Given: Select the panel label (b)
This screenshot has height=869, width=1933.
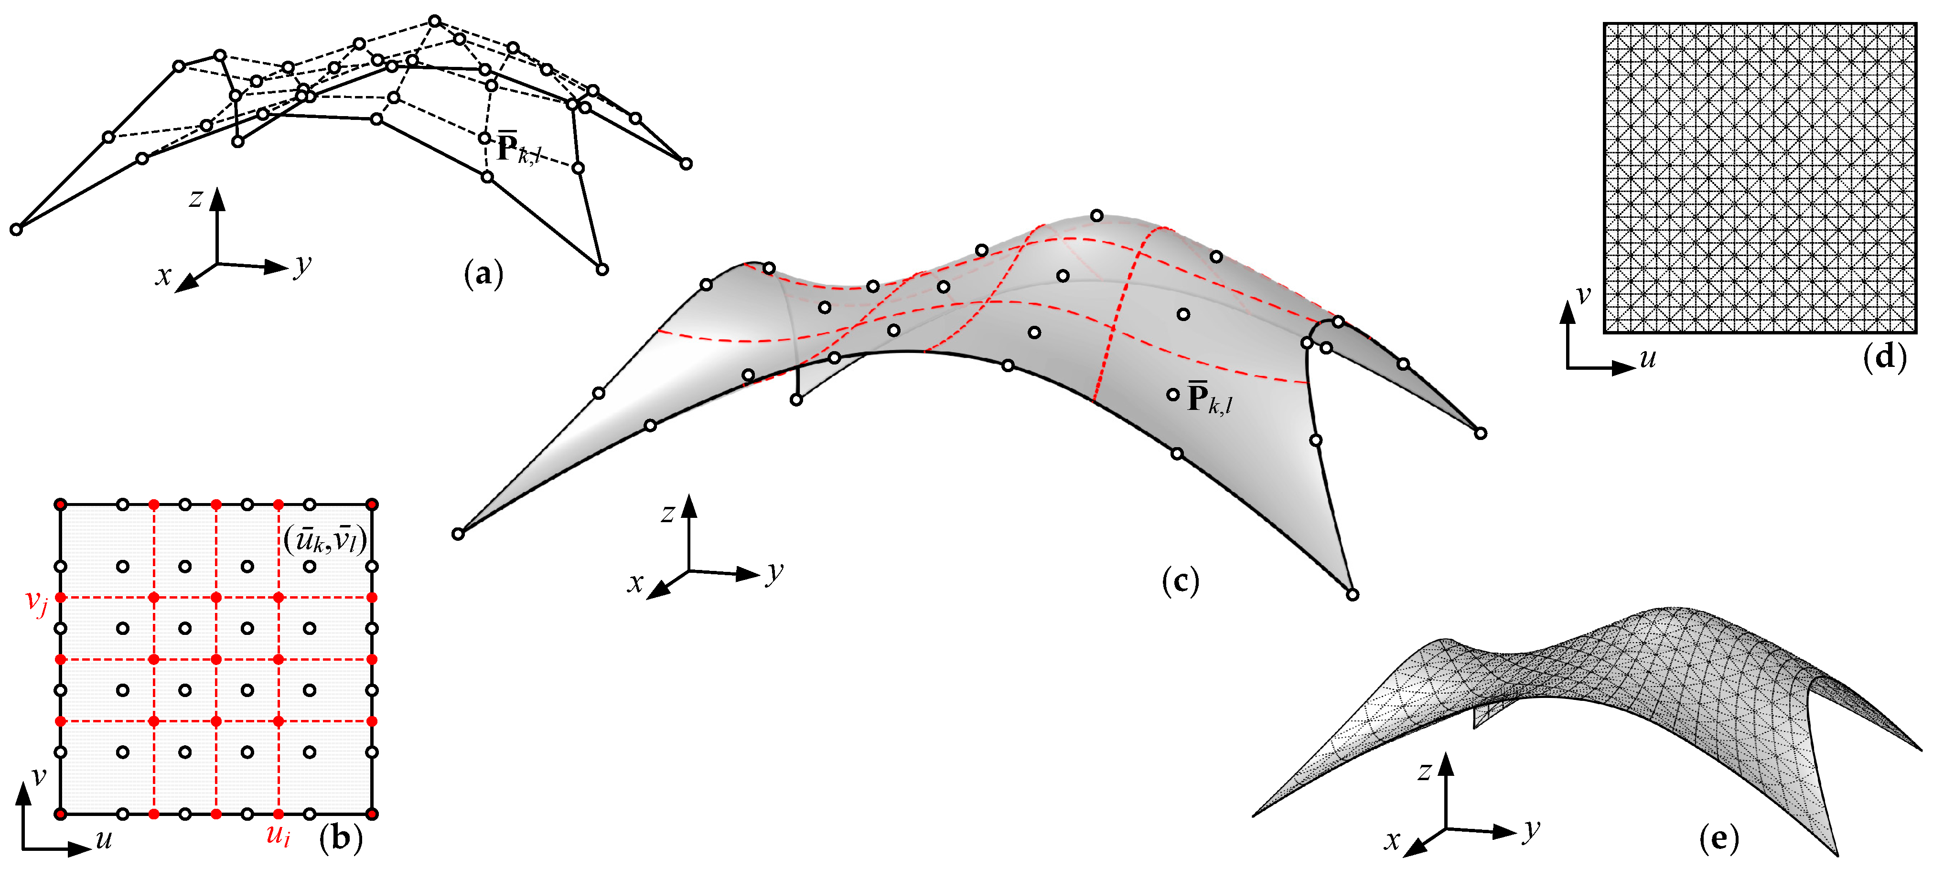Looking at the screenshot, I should (x=341, y=837).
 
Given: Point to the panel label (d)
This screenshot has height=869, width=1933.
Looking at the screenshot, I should (x=1884, y=356).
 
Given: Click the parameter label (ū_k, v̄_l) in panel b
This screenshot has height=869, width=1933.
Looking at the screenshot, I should (x=325, y=539).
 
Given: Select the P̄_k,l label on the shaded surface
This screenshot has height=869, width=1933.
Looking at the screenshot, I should (x=1209, y=398).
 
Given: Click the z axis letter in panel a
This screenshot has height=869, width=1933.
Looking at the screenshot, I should (x=196, y=198).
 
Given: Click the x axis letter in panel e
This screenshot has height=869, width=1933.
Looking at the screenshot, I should (x=1393, y=840).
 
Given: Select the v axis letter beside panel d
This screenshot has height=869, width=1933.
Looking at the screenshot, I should (x=1583, y=294).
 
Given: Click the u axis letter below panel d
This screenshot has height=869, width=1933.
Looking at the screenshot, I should (x=1647, y=358).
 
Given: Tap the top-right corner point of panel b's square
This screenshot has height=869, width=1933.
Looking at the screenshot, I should (x=372, y=504).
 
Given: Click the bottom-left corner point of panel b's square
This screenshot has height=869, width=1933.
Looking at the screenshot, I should (x=61, y=814).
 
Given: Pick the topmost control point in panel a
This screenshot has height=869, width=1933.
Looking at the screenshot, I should (x=434, y=21).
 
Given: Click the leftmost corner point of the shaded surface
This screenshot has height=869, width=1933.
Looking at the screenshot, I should (x=458, y=534).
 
